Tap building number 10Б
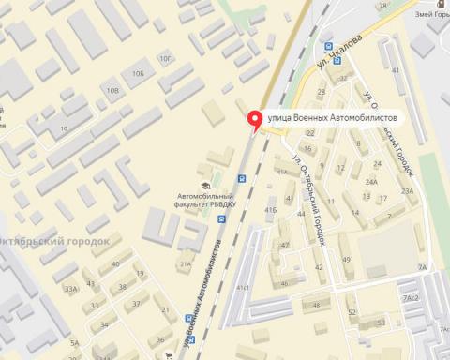point(139,72)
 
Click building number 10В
point(112,90)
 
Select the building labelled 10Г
point(166,59)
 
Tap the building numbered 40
point(116,264)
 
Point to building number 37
point(136,303)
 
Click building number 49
point(346,260)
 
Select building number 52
point(352,312)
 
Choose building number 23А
point(408,190)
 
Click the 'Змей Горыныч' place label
point(430,16)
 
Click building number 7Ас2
point(410,298)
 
